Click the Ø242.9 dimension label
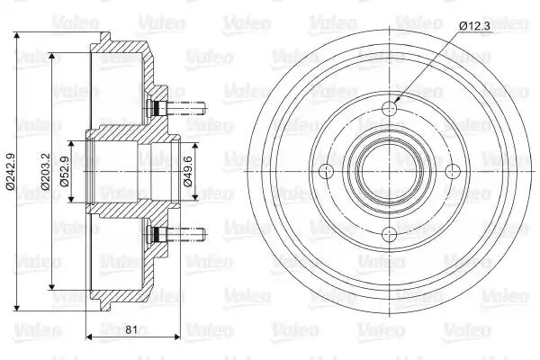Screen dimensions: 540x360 tap(10, 171)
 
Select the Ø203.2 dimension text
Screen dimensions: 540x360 tap(45, 171)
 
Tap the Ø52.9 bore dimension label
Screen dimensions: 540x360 tap(65, 171)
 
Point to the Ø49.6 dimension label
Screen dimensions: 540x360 tap(188, 171)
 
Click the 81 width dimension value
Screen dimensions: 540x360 tap(131, 329)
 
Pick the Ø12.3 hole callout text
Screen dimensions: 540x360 tap(474, 26)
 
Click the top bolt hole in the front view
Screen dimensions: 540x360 tap(390, 109)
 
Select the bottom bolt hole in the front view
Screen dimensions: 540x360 tap(390, 235)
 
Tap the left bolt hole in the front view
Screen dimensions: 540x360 tap(326, 171)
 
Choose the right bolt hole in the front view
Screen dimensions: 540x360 tap(453, 171)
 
